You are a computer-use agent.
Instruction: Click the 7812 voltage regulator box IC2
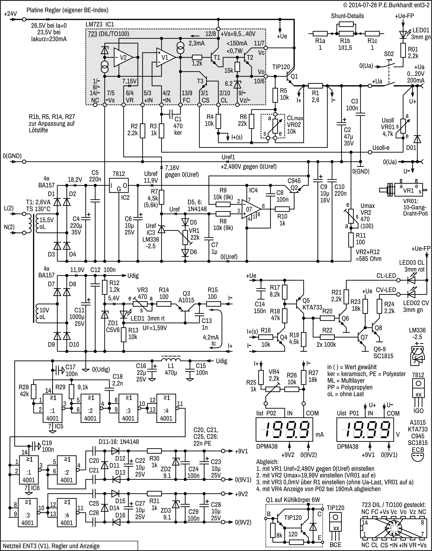point(119,185)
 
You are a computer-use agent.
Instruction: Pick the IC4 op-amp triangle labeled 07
point(250,210)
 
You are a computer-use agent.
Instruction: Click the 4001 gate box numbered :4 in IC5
point(166,408)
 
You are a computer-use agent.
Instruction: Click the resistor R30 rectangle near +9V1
point(154,451)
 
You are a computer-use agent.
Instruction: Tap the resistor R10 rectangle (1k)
point(282,209)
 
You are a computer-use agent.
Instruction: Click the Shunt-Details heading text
point(347,16)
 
